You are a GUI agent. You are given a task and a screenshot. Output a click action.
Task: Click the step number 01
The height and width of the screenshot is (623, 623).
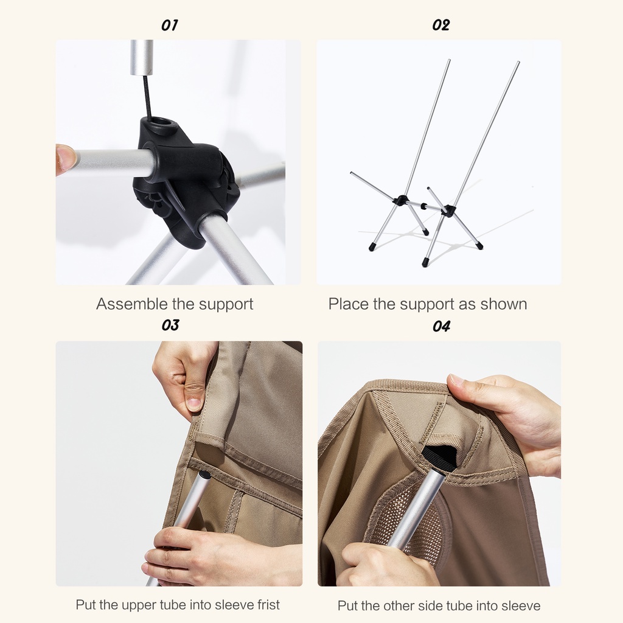coord(169,26)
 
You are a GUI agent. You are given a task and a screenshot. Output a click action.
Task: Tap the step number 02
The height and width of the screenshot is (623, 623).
coord(440,26)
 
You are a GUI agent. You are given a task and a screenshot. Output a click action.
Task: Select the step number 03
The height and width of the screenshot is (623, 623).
coord(170,325)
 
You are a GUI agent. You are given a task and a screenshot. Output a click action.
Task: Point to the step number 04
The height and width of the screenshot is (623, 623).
coord(442,326)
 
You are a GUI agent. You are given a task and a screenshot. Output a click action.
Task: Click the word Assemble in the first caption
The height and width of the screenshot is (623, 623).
coord(132,304)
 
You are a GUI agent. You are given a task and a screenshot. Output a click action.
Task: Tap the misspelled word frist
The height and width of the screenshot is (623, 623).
coord(268,605)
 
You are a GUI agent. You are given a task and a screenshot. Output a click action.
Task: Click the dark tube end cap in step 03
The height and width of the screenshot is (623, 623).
coord(205,475)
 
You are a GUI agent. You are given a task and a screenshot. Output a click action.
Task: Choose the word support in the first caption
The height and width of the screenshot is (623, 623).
coord(226,305)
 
